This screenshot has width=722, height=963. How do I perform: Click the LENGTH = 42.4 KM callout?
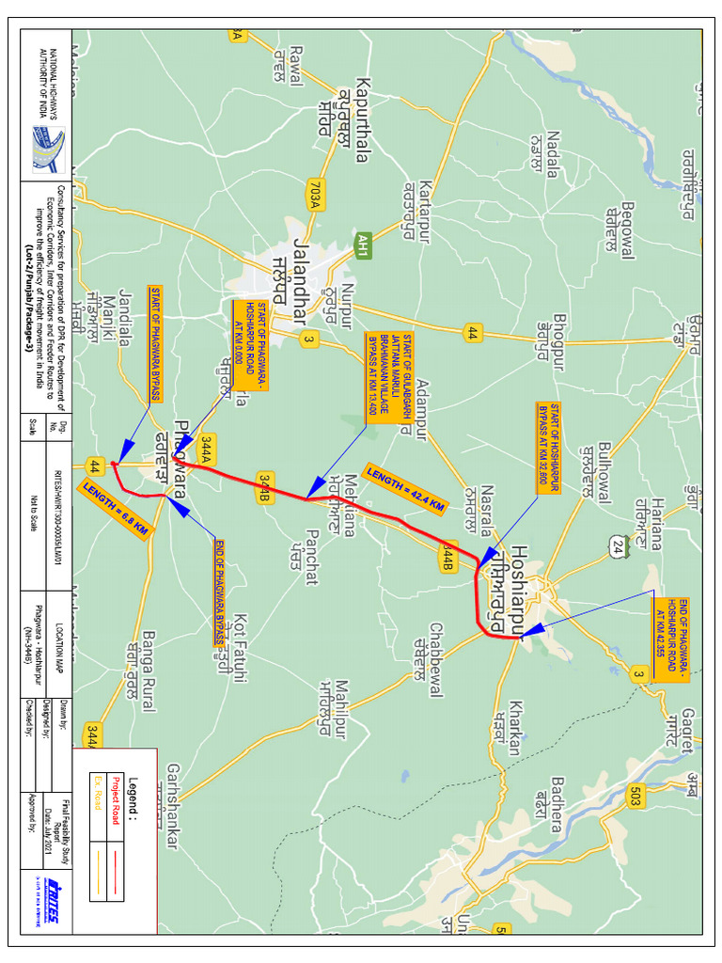click(x=404, y=490)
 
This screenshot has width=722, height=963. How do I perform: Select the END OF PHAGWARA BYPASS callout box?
click(x=219, y=592)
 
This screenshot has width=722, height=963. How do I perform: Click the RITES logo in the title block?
click(x=51, y=904)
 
